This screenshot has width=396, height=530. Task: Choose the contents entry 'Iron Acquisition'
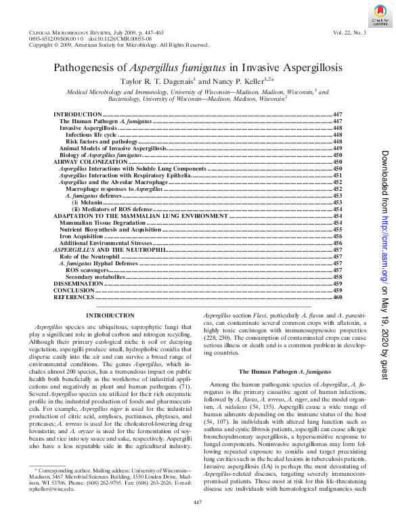pos(84,236)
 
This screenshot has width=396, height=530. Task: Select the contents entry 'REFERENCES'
pos(74,297)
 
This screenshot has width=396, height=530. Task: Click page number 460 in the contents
pos(338,297)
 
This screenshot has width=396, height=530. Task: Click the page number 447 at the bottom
pos(198,520)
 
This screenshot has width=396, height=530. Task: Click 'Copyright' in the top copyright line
pos(42,45)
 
